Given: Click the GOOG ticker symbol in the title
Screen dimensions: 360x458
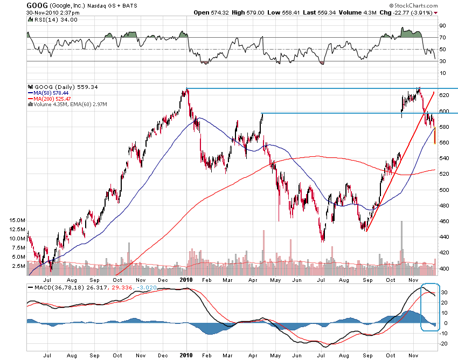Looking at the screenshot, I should click(x=36, y=5).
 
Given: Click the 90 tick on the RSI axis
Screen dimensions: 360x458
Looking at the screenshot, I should click(x=442, y=25).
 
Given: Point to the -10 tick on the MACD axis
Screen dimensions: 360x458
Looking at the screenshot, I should click(x=443, y=334).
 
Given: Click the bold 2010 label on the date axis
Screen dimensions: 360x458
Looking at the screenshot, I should click(x=186, y=280).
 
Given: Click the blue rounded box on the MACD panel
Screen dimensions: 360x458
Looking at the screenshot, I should click(x=431, y=307).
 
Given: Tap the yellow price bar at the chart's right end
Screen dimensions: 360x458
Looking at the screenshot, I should click(x=435, y=135).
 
